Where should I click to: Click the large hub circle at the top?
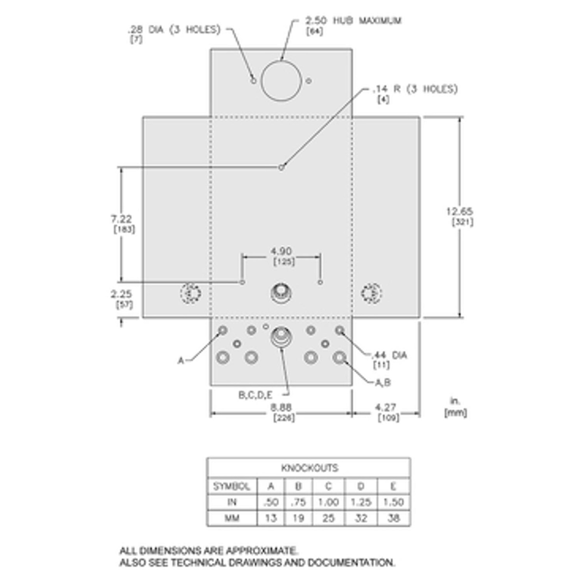pyautogui.click(x=281, y=81)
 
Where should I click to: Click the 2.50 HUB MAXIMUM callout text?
pyautogui.click(x=353, y=20)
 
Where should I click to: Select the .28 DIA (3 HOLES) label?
pyautogui.click(x=174, y=30)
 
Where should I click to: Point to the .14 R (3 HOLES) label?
pyautogui.click(x=415, y=89)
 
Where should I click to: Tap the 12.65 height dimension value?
pyautogui.click(x=459, y=211)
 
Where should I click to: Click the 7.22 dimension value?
pyautogui.click(x=122, y=219)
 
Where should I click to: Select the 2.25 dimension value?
pyautogui.click(x=121, y=293)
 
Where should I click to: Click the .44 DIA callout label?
pyautogui.click(x=389, y=355)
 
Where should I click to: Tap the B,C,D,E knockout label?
pyautogui.click(x=255, y=395)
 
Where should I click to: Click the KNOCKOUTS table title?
pyautogui.click(x=309, y=468)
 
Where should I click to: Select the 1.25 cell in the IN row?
pyautogui.click(x=361, y=502)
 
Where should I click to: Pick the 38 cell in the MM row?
pyautogui.click(x=393, y=518)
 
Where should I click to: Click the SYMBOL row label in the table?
pyautogui.click(x=232, y=486)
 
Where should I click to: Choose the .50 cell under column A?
pyautogui.click(x=271, y=502)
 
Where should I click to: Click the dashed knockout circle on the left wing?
pyautogui.click(x=191, y=293)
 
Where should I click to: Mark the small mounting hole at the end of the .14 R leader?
pyautogui.click(x=281, y=167)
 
